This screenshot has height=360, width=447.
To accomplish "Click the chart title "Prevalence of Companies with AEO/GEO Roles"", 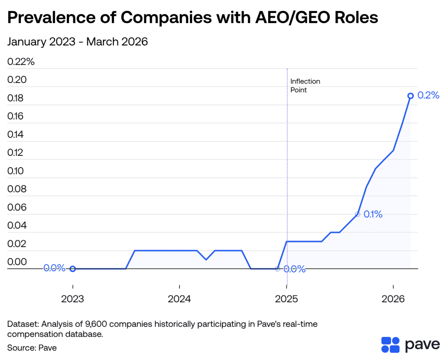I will [192, 17].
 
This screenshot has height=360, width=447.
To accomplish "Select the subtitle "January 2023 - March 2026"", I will [78, 42].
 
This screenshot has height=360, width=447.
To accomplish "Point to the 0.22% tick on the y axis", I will [21, 62].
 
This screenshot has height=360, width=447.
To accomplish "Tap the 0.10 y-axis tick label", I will [15, 171].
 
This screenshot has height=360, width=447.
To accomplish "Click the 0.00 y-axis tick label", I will [17, 262].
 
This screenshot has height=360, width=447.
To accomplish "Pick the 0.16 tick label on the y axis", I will [15, 116].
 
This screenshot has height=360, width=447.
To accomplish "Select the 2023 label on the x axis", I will [73, 299].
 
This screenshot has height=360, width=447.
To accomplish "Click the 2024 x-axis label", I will [179, 299].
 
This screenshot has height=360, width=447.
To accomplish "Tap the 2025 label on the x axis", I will [286, 299].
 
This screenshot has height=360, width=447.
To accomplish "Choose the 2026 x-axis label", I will [393, 299].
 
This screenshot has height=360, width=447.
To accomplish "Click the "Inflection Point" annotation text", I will [305, 86].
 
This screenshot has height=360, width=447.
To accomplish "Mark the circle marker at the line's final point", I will [411, 96].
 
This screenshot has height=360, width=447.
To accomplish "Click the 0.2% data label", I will [428, 95].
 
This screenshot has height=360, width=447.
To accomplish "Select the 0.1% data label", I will [373, 214].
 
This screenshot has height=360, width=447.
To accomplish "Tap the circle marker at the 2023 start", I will [73, 269].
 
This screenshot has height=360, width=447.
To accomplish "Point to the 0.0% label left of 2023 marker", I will [54, 268].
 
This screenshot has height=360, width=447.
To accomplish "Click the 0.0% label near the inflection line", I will [294, 269].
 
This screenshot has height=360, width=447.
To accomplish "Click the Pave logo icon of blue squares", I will [390, 345].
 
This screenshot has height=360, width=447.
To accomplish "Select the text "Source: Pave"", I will [32, 348].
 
